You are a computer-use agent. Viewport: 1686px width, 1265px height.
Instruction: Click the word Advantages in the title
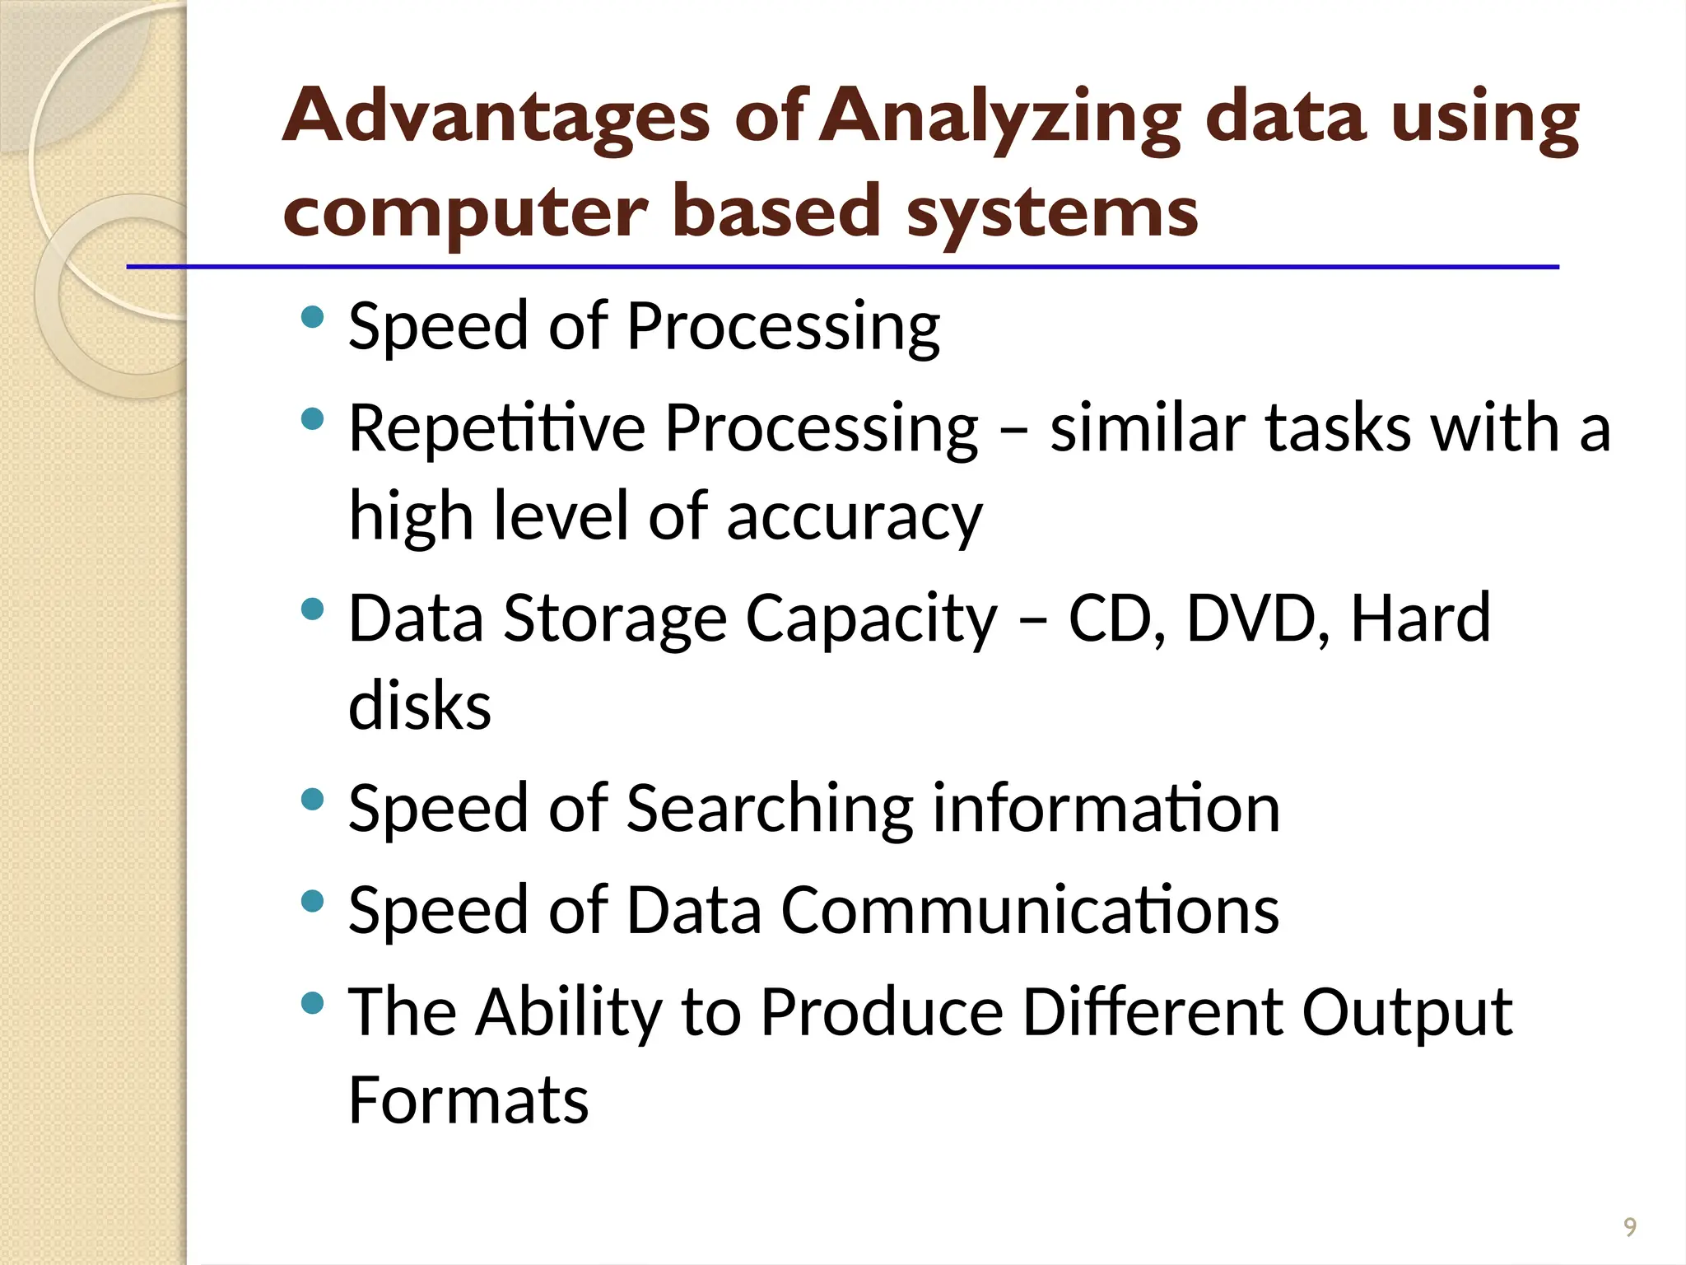click(x=496, y=117)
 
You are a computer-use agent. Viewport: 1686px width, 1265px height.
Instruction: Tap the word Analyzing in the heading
click(x=1000, y=117)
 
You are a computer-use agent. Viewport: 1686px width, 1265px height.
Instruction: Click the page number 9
click(x=1629, y=1227)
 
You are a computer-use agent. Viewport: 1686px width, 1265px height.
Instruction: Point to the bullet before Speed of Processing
click(x=312, y=317)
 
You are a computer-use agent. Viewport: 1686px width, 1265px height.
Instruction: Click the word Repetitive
click(x=496, y=428)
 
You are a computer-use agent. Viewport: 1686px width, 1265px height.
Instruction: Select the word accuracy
click(x=854, y=517)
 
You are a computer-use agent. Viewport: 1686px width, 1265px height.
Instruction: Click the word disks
click(x=420, y=706)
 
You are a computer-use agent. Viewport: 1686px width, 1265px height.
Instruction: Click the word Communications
click(x=1029, y=910)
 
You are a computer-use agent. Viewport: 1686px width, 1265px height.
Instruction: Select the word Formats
click(x=468, y=1099)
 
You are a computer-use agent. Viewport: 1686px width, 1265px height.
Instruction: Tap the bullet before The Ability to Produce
click(x=312, y=1003)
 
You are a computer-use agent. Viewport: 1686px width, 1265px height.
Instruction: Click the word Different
click(x=1152, y=1011)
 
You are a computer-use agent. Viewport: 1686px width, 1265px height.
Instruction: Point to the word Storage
click(x=615, y=619)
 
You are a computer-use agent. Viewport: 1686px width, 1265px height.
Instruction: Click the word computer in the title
click(x=466, y=212)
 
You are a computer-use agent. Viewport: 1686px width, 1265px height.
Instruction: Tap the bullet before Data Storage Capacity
click(x=312, y=609)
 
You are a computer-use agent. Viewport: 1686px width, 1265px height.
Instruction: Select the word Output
click(x=1406, y=1013)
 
